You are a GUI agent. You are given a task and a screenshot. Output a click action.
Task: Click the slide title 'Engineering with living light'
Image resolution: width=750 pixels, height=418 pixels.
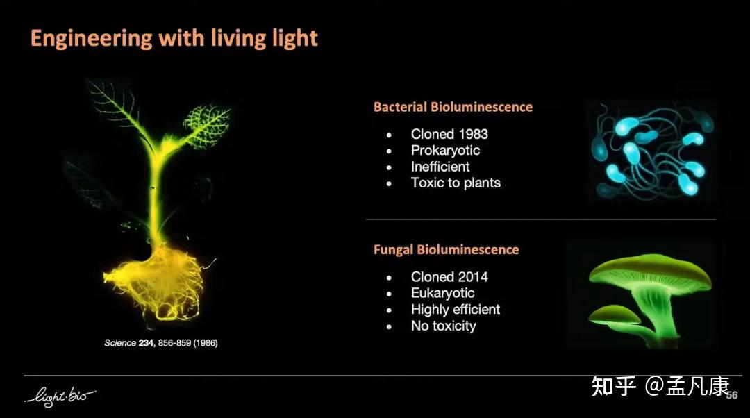(x=174, y=38)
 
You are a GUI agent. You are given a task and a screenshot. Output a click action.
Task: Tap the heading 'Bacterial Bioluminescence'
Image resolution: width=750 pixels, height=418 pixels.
(x=453, y=107)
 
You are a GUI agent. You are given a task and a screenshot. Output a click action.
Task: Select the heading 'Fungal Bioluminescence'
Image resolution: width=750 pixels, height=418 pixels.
(x=447, y=250)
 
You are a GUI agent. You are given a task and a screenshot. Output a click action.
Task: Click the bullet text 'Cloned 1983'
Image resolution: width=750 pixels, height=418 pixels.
(x=449, y=134)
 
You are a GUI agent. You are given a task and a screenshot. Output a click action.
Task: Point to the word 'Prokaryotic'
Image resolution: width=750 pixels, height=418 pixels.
(x=445, y=151)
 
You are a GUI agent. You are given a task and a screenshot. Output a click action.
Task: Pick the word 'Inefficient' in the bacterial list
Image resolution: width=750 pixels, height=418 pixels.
(x=440, y=167)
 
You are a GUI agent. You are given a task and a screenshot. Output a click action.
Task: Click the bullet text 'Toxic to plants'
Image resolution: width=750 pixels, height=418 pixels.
(x=456, y=183)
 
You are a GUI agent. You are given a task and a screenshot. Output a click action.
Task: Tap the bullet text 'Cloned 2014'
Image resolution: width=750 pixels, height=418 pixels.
(x=449, y=276)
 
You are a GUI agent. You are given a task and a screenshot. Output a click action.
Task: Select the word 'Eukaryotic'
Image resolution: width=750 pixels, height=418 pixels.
(x=443, y=293)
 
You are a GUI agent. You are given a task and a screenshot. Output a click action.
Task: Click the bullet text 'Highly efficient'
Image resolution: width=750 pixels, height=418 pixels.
(x=456, y=310)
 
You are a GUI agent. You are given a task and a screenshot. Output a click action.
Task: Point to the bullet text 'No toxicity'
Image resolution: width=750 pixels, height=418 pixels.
(x=443, y=326)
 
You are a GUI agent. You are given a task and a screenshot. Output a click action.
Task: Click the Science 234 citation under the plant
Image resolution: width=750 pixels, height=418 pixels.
(x=161, y=343)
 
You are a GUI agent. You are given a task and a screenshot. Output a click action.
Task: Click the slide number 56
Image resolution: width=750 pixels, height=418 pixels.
(x=732, y=395)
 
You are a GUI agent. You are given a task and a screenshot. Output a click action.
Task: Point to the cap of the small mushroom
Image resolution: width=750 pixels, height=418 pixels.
(x=614, y=314)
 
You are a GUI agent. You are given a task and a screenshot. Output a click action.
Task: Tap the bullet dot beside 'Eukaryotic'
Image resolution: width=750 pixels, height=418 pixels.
(x=390, y=294)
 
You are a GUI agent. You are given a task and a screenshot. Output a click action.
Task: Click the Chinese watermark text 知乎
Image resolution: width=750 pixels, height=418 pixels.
(x=614, y=386)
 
